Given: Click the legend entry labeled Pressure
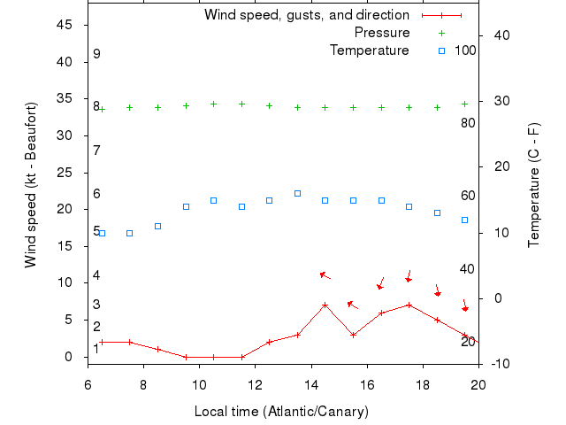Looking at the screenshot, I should (382, 33).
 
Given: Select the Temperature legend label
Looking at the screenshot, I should (370, 50).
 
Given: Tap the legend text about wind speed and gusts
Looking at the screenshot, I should (307, 15).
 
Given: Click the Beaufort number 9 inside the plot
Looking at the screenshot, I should (96, 54).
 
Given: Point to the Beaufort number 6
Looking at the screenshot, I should (96, 194).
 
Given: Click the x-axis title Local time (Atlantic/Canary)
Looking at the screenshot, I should (281, 412).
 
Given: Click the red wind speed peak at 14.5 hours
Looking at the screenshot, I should (325, 305).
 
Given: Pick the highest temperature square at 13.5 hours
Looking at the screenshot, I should (297, 193).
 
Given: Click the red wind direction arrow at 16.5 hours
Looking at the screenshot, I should (381, 283).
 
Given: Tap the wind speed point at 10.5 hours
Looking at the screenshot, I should (214, 357).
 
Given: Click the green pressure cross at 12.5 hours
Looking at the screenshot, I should (270, 105).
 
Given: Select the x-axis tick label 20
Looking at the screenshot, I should (478, 385).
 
